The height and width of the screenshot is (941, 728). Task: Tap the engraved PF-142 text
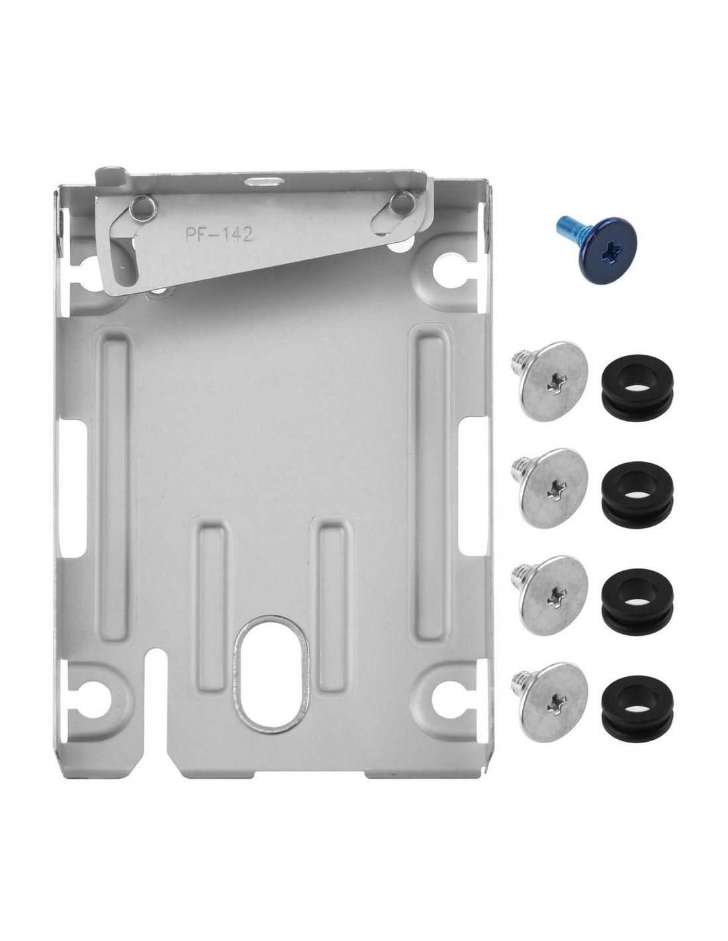[218, 235]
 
